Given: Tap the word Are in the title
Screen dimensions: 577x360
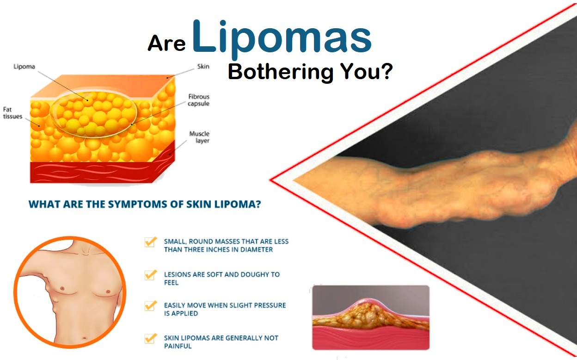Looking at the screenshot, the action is (x=166, y=43).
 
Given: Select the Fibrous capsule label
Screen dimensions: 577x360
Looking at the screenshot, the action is (x=199, y=100).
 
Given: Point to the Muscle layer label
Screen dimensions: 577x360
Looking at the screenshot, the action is (x=199, y=137).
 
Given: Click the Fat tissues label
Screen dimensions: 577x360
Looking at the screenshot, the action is (x=12, y=113).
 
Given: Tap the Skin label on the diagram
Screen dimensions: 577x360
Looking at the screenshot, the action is (x=203, y=67).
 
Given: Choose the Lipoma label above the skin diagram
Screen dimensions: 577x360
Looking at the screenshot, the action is (x=24, y=67).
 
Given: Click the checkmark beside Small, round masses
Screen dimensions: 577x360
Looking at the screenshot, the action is (x=150, y=242).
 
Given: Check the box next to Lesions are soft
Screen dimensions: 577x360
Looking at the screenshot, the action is (x=150, y=275).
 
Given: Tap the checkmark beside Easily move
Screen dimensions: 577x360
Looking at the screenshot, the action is (x=150, y=306).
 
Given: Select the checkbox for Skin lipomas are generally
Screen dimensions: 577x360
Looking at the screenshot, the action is (x=150, y=339).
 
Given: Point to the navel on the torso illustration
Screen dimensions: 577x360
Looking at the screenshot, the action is (x=85, y=338).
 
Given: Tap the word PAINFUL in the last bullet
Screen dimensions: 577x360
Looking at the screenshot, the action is (x=178, y=346).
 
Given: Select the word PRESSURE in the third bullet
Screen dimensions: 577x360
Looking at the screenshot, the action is (x=270, y=305).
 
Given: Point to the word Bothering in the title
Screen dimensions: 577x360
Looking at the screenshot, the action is (x=281, y=72).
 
